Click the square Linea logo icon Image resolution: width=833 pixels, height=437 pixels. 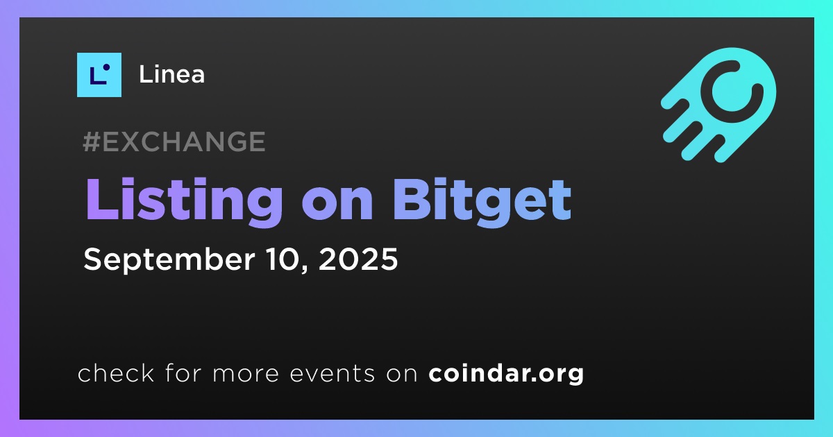(x=99, y=75)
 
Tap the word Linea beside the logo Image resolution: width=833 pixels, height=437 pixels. (x=172, y=75)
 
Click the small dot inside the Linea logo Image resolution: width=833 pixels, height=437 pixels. (x=106, y=67)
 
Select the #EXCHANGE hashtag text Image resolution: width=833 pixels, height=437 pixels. (x=174, y=142)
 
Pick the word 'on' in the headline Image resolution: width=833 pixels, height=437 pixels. (x=337, y=205)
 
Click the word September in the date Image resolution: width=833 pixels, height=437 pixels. (x=169, y=260)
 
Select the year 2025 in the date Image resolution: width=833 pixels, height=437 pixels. (x=358, y=259)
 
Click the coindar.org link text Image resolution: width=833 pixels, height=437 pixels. (x=506, y=374)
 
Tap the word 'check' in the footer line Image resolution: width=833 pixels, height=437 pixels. (x=116, y=372)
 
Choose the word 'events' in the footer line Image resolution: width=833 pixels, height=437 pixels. (x=332, y=374)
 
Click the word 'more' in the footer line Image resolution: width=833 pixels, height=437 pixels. (x=246, y=375)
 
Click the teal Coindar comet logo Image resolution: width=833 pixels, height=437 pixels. (x=718, y=105)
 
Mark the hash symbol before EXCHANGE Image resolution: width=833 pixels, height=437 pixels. (x=92, y=142)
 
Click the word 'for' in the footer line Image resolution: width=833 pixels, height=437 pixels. (x=183, y=372)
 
